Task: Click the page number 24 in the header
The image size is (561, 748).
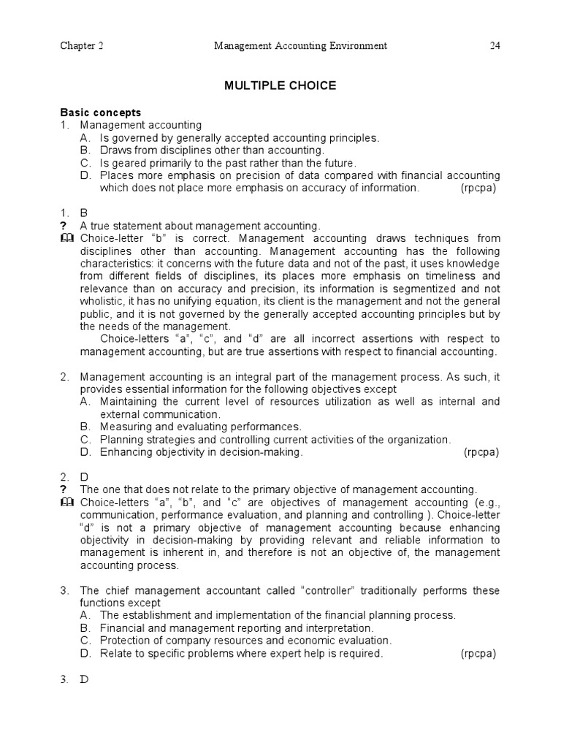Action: coord(495,47)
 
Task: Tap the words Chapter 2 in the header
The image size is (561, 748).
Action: coord(81,47)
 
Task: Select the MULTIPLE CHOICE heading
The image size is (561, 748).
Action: coord(280,86)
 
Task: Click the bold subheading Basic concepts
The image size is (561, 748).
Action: coord(100,112)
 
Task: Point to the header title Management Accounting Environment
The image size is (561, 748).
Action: coord(299,47)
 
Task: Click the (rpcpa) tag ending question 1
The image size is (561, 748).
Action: coord(478,188)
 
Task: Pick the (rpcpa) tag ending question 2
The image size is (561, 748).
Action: coord(481,452)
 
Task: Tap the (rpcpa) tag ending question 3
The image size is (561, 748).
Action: coord(478,654)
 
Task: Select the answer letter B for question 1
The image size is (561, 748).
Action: coord(83,213)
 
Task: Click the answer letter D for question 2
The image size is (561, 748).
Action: coord(84,476)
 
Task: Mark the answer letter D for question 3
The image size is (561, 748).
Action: coord(84,679)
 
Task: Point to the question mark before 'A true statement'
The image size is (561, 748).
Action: coord(64,226)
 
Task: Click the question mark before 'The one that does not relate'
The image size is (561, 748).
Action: coord(64,489)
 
